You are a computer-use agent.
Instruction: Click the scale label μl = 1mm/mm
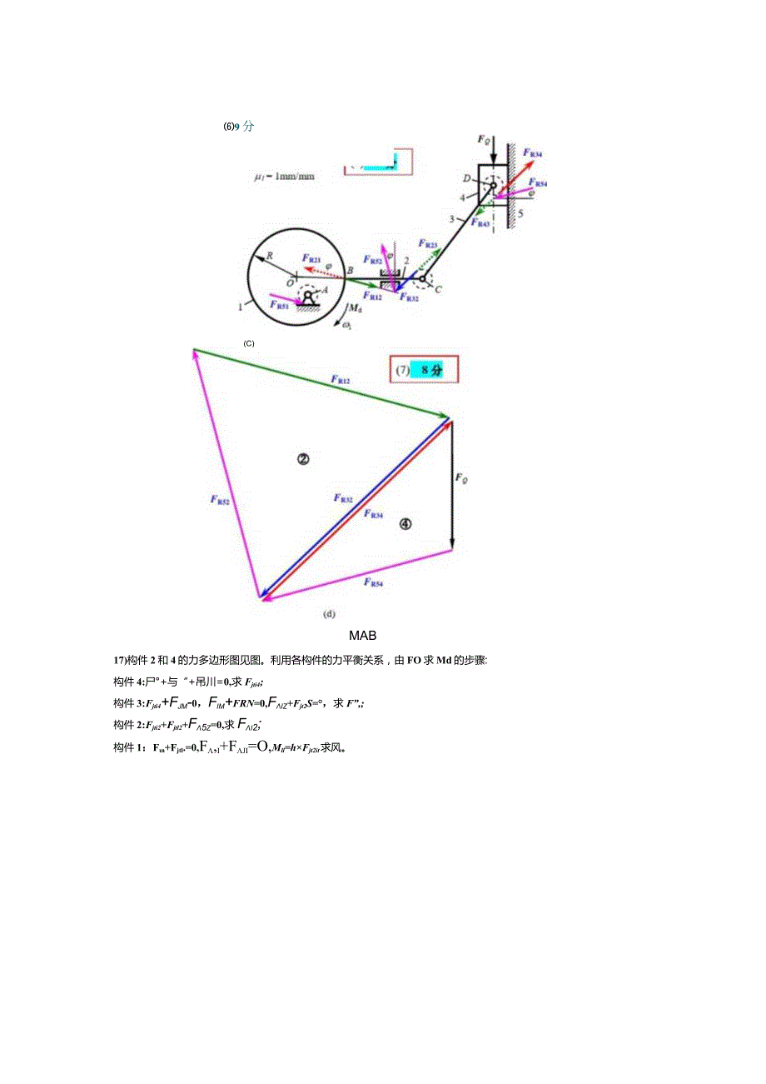(285, 177)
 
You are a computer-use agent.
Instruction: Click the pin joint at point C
(423, 278)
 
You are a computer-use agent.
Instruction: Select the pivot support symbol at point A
(309, 298)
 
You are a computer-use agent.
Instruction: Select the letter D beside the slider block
(467, 177)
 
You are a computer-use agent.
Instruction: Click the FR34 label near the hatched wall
(532, 154)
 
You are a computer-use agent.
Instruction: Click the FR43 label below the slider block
(480, 223)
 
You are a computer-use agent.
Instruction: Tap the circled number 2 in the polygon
(303, 458)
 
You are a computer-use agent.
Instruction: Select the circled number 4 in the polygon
(405, 524)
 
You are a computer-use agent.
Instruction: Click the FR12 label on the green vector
(341, 380)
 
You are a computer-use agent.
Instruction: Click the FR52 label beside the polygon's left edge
(220, 500)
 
